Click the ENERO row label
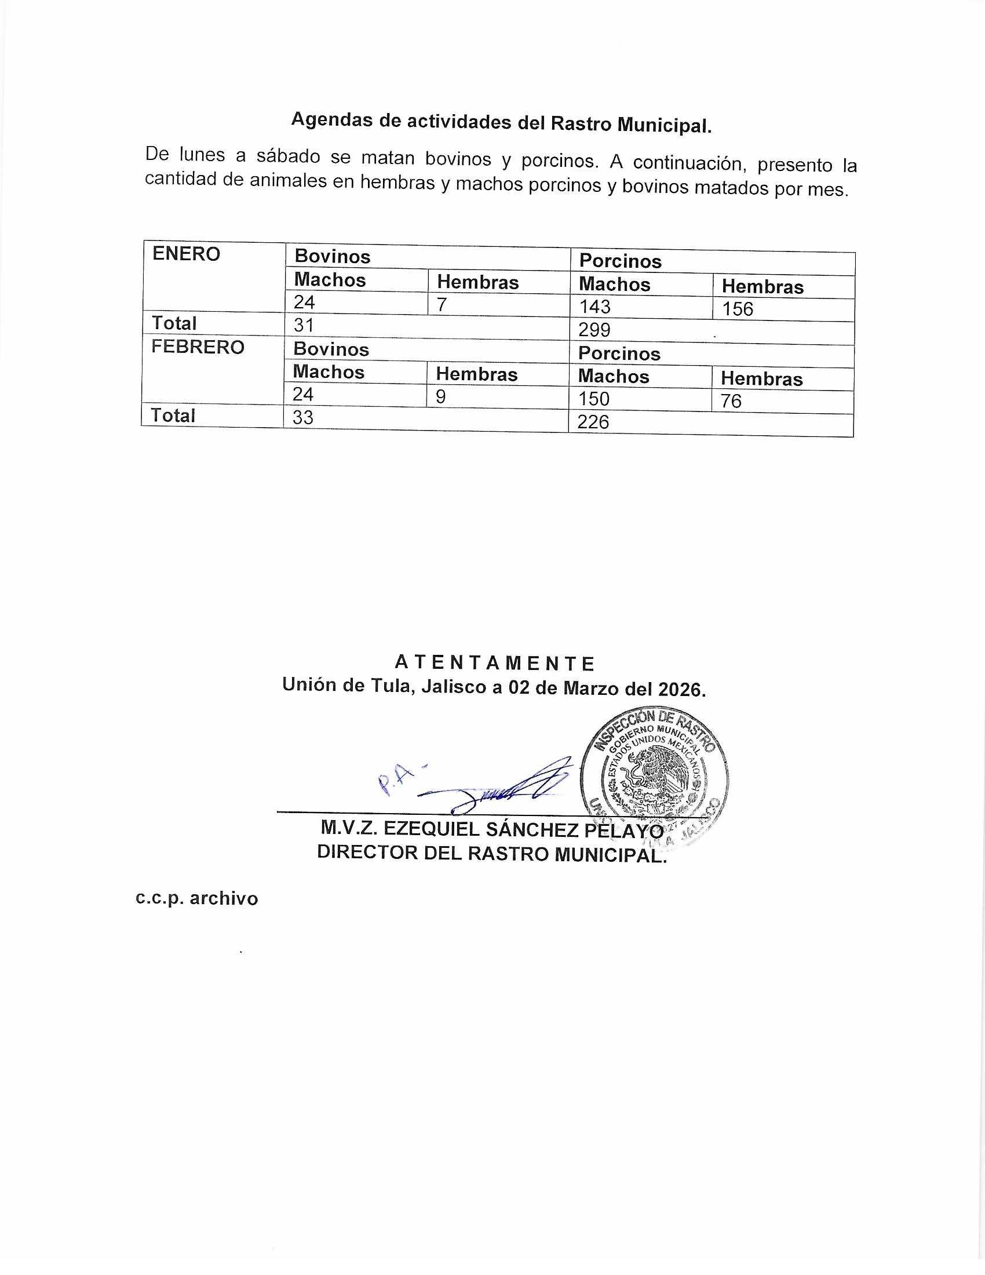(186, 254)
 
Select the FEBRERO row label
(198, 347)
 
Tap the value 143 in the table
(594, 307)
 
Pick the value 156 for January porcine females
(738, 309)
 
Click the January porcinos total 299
(594, 330)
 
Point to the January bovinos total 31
(304, 325)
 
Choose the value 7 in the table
(442, 304)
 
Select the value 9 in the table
(440, 397)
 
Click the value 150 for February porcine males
(593, 399)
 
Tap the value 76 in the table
(731, 401)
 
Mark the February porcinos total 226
(593, 422)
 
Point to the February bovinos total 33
(303, 417)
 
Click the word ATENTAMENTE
(494, 663)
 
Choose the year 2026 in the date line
(681, 690)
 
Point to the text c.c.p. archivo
(196, 898)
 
